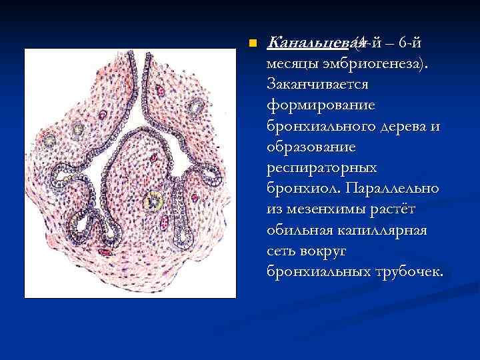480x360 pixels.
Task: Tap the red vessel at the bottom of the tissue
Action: pos(105,253)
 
